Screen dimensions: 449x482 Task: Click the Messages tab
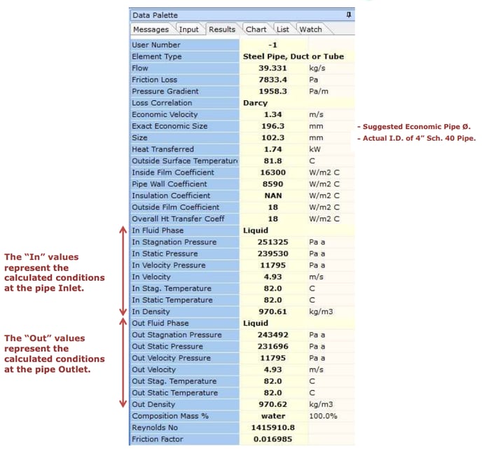click(151, 29)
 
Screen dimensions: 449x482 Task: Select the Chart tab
click(256, 29)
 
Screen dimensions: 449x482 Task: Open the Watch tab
click(310, 29)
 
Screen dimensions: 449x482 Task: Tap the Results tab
click(222, 29)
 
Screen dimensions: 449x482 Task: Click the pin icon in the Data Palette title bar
click(349, 15)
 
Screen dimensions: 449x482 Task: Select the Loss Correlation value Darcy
click(255, 103)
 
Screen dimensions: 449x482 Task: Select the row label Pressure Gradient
click(165, 91)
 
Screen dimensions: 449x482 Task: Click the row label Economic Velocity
click(165, 114)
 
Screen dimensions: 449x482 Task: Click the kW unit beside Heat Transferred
click(315, 149)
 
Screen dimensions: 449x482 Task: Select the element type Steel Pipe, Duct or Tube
click(293, 57)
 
